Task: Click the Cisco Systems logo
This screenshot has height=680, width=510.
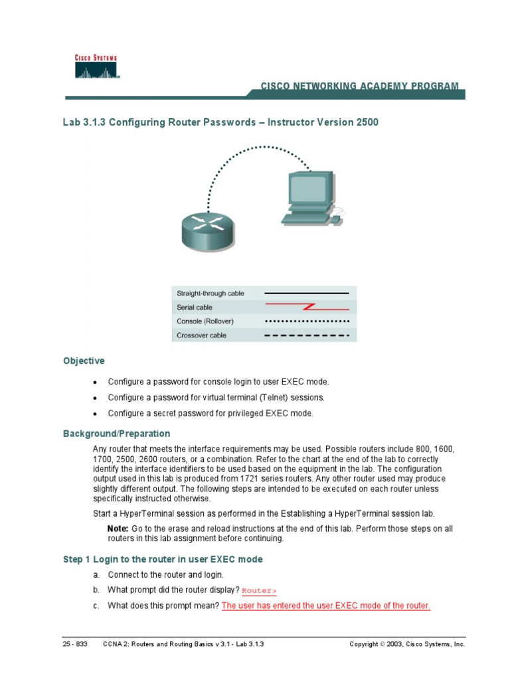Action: point(96,66)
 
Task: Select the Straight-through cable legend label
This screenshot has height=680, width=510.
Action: point(210,293)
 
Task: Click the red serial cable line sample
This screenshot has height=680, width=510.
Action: point(307,307)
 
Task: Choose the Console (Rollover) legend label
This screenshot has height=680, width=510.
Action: point(206,321)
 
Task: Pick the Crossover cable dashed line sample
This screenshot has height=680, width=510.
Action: point(307,335)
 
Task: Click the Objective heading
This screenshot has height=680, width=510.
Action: point(84,361)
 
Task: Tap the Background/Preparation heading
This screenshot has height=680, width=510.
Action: point(116,434)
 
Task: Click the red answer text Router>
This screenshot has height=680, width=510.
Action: point(259,590)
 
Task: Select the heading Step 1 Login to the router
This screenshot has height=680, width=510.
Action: point(163,559)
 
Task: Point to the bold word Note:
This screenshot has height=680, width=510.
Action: point(118,529)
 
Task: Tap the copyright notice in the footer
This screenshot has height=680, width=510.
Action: point(407,644)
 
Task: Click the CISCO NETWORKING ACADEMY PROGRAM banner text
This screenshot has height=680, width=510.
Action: point(359,86)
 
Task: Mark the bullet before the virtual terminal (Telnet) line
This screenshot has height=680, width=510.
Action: point(96,398)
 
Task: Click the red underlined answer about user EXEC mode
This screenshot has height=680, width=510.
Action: point(325,606)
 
